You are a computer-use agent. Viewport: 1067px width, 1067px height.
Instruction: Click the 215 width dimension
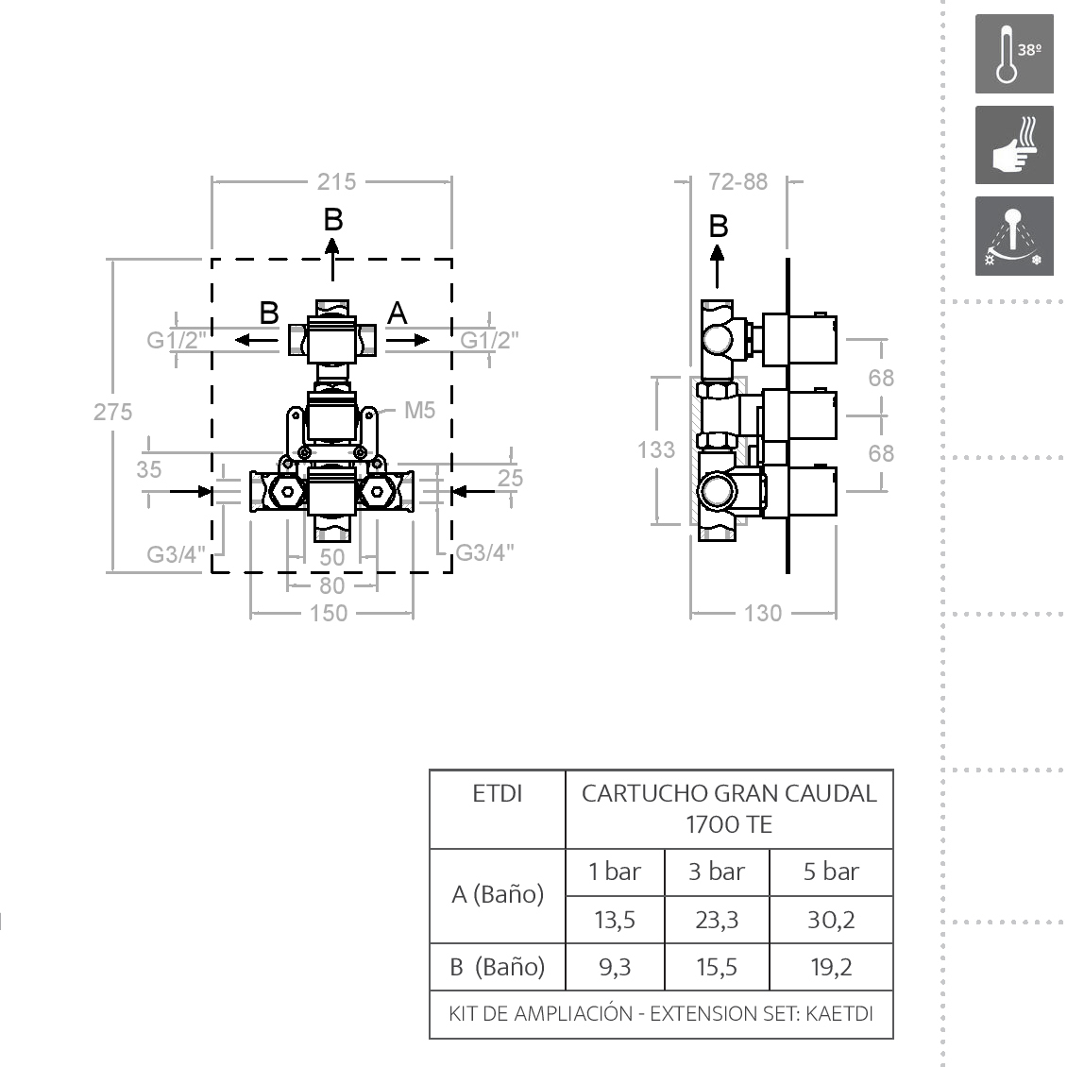pos(336,181)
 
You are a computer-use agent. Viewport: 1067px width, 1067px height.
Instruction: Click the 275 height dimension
pos(112,412)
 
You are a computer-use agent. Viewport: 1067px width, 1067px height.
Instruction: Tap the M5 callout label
pos(419,410)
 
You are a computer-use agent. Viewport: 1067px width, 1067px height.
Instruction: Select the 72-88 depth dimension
pos(737,181)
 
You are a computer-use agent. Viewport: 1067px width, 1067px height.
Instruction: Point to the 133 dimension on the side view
pos(656,449)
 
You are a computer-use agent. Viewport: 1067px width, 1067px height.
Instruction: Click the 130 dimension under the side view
pos(763,614)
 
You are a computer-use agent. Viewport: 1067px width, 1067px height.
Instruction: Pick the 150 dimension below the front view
pos(329,614)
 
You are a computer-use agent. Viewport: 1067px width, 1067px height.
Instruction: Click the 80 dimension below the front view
pos(331,585)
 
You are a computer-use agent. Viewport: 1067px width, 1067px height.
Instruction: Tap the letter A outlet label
pos(398,313)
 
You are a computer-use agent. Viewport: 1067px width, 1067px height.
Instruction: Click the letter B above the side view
pos(719,227)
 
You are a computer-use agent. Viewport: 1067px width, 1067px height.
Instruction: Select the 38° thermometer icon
pos(1014,54)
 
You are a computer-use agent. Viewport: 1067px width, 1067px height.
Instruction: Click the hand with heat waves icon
pos(1014,145)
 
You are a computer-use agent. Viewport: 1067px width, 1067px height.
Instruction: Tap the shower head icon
pos(1014,236)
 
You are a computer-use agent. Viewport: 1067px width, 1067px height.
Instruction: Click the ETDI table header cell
pos(497,794)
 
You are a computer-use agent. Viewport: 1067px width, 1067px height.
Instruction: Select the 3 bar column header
pos(717,872)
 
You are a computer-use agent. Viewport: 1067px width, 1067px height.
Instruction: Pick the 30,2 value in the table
pos(831,919)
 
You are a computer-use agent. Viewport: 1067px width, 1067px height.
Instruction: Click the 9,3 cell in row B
pos(614,967)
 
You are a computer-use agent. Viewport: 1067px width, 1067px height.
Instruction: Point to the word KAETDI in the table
pos(839,1014)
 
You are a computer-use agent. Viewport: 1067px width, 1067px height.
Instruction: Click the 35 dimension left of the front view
pos(149,469)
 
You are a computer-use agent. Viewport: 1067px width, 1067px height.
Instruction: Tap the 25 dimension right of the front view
pos(510,478)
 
